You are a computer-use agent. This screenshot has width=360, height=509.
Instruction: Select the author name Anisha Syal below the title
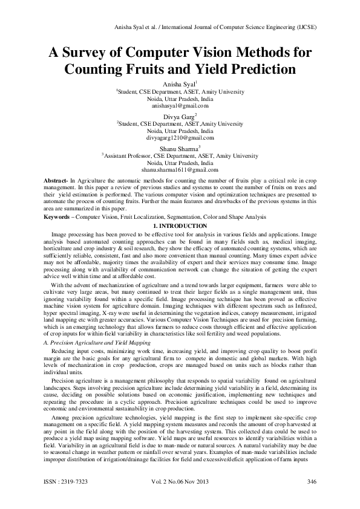point(180,84)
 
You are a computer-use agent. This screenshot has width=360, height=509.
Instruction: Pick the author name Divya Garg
point(180,115)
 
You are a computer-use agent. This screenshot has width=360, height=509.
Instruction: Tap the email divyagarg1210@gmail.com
point(180,138)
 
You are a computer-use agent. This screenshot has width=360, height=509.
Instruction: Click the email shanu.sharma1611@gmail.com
point(180,170)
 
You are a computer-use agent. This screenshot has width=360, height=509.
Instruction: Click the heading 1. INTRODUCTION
point(180,225)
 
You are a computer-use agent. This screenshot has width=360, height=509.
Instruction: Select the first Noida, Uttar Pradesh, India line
point(180,99)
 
